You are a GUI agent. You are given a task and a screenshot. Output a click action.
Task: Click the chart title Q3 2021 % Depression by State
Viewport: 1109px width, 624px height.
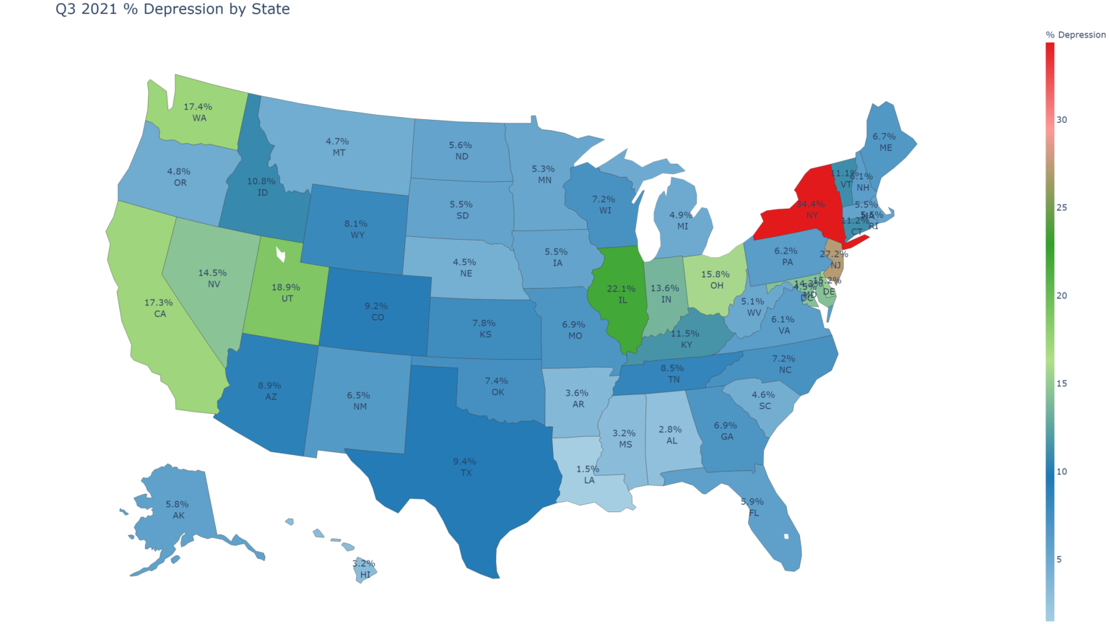173,9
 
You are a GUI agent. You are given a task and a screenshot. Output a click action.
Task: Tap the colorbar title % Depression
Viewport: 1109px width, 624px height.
1075,35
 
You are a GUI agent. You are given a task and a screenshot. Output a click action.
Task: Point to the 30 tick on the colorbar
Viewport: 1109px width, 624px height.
1061,120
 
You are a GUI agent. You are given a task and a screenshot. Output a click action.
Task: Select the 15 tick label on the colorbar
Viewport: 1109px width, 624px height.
1061,383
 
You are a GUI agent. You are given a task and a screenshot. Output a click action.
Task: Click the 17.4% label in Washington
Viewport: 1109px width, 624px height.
197,107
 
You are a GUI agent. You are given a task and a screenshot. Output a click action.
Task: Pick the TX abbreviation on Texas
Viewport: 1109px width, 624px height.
466,472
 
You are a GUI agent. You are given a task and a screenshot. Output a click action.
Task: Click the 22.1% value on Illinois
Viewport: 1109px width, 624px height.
621,289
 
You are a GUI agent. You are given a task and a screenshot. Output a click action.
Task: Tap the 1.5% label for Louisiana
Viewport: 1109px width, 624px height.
588,469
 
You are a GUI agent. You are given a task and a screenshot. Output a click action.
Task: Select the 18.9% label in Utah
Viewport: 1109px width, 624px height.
286,287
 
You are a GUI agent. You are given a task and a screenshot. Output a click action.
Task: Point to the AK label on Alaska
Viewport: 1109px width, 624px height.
178,516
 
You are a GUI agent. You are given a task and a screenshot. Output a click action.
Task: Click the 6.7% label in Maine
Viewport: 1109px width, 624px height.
884,136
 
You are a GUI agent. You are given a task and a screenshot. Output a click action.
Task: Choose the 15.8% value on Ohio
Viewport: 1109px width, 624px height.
715,274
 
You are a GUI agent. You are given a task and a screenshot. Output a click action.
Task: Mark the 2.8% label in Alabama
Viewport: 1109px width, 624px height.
670,430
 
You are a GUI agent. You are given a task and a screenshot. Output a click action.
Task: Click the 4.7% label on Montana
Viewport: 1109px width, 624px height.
337,142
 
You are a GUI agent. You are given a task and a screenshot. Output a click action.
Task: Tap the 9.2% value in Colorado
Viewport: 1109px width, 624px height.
376,306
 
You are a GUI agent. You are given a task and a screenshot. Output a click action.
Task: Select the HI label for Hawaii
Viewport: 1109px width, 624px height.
365,575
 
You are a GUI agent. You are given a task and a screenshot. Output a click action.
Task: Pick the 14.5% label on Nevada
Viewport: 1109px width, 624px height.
212,273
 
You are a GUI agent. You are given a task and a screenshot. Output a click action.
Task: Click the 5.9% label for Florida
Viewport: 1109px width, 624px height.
752,502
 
